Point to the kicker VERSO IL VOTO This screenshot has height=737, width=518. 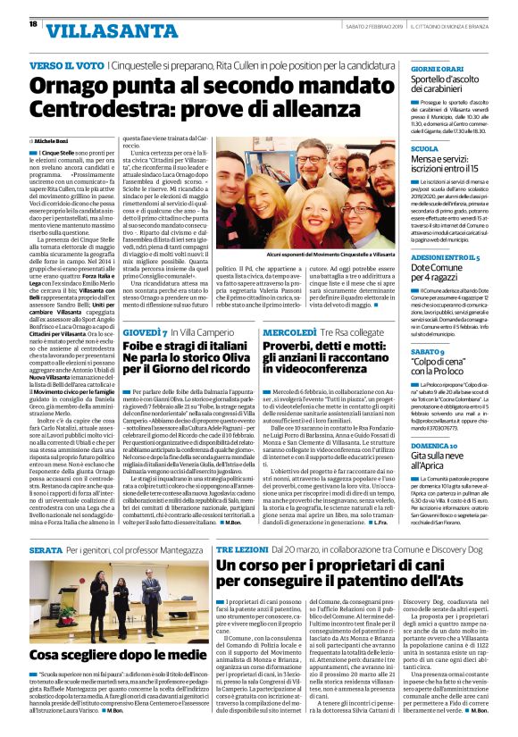65,66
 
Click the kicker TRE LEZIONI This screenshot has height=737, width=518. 246,550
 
